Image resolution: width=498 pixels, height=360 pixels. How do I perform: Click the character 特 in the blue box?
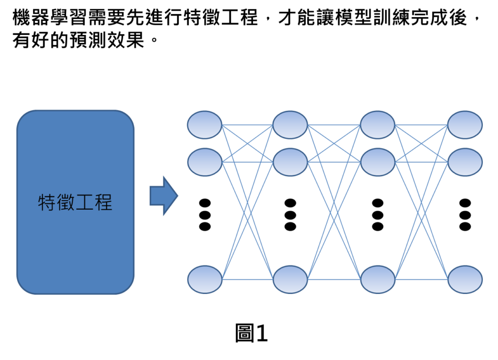pos(47,202)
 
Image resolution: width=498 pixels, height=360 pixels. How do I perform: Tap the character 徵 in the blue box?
pos(66,202)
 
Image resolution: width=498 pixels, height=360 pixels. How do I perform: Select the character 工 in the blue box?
pos(85,202)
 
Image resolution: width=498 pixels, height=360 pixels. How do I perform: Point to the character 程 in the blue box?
pos(103,202)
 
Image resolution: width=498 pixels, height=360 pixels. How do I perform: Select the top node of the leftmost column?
pos(205,125)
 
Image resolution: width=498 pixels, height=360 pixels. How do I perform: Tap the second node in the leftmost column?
pos(205,162)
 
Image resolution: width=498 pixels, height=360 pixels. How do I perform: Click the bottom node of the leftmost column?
pos(205,279)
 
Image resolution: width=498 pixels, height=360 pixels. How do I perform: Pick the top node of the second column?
pos(290,125)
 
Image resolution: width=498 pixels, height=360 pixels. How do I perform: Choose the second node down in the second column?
pos(290,162)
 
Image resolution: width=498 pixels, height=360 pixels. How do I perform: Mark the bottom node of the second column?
pos(290,279)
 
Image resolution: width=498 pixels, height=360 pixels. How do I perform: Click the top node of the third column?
pos(377,125)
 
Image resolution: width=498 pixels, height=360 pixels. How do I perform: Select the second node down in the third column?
pos(377,162)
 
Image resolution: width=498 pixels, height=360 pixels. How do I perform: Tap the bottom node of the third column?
pos(377,279)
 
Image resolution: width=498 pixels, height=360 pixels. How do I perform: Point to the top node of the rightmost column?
pos(464,125)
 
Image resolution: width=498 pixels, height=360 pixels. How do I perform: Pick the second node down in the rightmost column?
pos(464,162)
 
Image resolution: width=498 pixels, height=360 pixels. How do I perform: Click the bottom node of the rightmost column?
pos(464,279)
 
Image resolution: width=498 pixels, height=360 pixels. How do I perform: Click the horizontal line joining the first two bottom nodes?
pos(247,280)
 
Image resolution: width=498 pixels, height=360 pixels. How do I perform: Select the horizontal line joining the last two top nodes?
pos(421,125)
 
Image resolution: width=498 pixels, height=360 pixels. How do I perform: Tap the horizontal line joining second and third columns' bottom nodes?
pos(334,280)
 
